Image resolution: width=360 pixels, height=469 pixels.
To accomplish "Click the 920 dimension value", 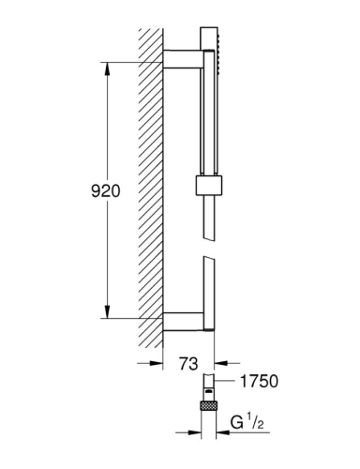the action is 106,190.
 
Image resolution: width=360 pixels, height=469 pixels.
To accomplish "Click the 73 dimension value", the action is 188,364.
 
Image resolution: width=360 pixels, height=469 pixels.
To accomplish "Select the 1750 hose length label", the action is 259,381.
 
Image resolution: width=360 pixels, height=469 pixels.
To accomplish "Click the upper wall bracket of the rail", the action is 183,59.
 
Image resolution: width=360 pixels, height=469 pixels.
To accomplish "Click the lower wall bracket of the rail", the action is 183,321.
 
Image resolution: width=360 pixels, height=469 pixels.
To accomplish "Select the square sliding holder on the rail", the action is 209,186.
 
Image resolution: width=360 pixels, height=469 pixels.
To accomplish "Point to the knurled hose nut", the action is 209,406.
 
